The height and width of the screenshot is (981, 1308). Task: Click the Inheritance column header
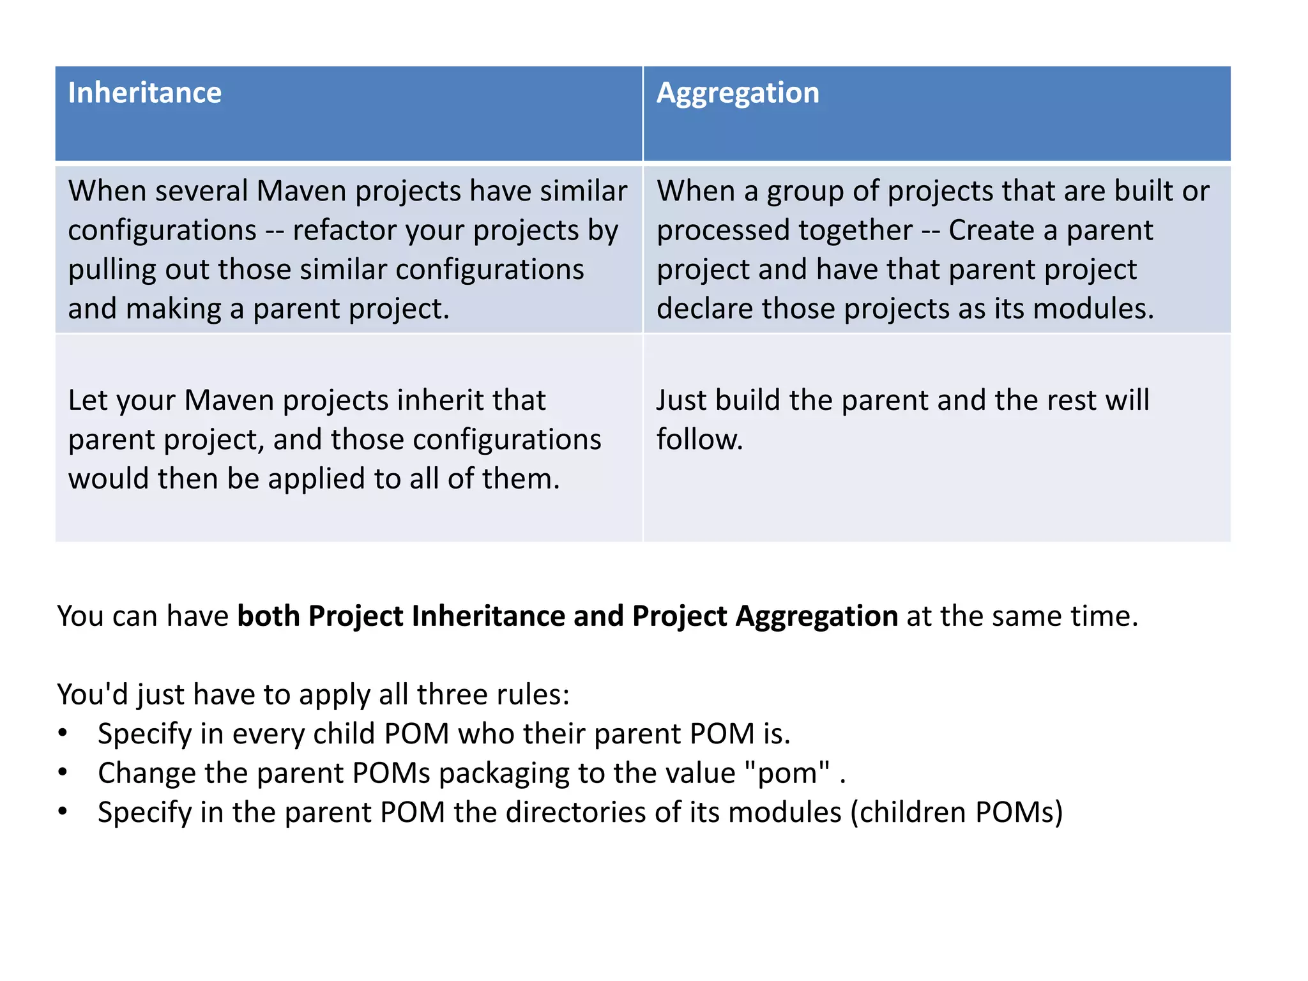tap(145, 93)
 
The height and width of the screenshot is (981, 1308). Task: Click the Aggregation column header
tap(738, 93)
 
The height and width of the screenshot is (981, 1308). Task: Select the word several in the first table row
tap(201, 191)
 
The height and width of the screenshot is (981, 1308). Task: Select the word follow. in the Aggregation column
tap(699, 440)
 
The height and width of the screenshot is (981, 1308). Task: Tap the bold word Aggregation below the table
tap(817, 616)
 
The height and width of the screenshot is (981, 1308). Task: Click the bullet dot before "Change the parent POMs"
tap(62, 773)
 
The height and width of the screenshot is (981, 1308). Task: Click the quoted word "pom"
tap(787, 773)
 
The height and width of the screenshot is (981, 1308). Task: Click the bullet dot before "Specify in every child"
tap(62, 733)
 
